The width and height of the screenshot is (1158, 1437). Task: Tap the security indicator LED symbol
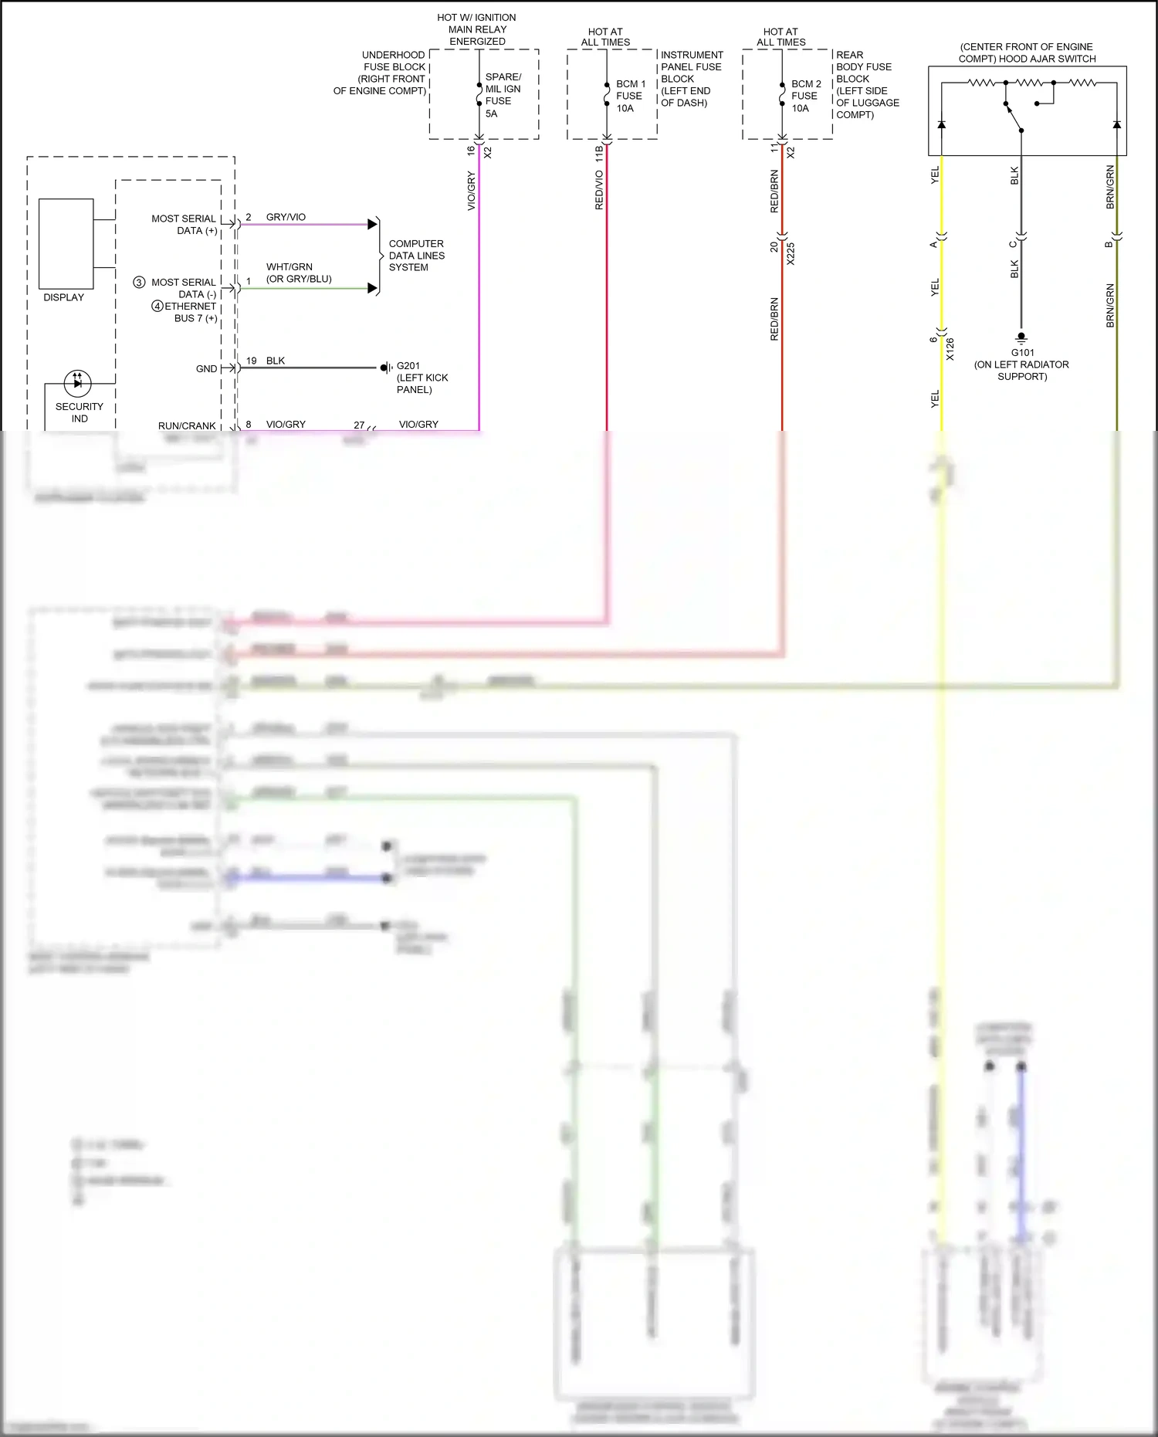77,382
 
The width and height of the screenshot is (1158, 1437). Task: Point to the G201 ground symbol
385,368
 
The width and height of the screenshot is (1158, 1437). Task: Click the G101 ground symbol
1021,337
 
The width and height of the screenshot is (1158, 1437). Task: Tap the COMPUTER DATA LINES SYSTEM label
416,256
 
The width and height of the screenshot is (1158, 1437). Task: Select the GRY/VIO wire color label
286,217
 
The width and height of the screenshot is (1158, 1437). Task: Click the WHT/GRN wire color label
289,267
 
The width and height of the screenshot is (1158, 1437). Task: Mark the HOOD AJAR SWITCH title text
1027,53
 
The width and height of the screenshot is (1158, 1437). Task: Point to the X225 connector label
791,254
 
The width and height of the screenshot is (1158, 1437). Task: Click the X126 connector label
950,349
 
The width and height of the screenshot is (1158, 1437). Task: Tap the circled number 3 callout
139,283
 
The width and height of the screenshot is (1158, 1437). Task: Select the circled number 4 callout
157,307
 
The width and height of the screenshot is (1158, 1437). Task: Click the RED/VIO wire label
599,190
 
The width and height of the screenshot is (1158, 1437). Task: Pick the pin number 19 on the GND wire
252,361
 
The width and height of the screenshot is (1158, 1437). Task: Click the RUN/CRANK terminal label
187,425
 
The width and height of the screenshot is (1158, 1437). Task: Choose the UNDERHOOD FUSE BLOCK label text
380,73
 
